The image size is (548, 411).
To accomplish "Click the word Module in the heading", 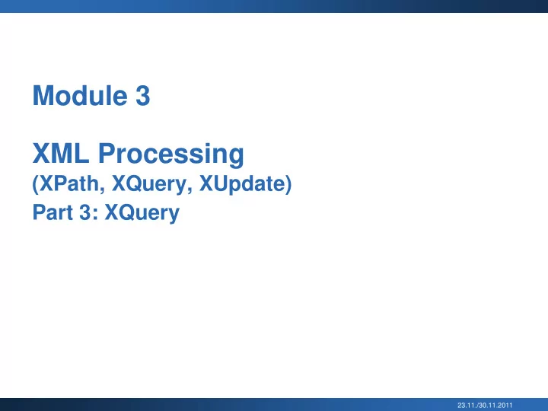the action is [x=80, y=95].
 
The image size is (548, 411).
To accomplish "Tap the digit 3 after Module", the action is [x=142, y=95].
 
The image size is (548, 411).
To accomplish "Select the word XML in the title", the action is [x=61, y=153].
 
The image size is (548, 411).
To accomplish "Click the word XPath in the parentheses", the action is [x=69, y=183].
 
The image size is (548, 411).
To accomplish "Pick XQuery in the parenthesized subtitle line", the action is [x=149, y=184].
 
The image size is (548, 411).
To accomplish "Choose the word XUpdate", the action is [x=242, y=184].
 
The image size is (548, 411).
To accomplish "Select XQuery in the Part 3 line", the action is [x=142, y=213].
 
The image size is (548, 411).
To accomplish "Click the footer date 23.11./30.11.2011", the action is [x=485, y=406].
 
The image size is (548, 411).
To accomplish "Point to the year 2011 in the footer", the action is [x=506, y=406].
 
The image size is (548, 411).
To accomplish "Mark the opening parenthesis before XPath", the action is [x=35, y=184].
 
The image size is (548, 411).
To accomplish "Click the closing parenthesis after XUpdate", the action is [x=288, y=184].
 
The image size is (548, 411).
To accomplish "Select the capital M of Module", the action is [x=43, y=95].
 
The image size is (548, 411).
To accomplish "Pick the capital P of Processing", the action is [x=107, y=153].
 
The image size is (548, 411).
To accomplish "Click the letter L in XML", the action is [x=81, y=153].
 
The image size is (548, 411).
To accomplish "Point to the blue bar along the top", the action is [x=274, y=6].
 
